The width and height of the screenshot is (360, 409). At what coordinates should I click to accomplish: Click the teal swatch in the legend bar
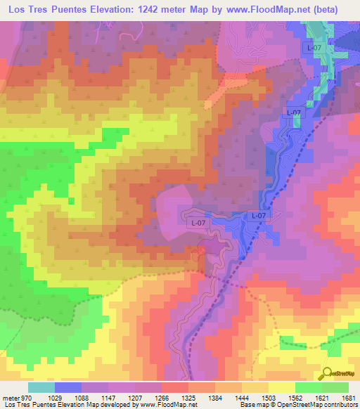pos(41,388)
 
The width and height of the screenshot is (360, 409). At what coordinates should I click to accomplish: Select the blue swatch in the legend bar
pos(68,388)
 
